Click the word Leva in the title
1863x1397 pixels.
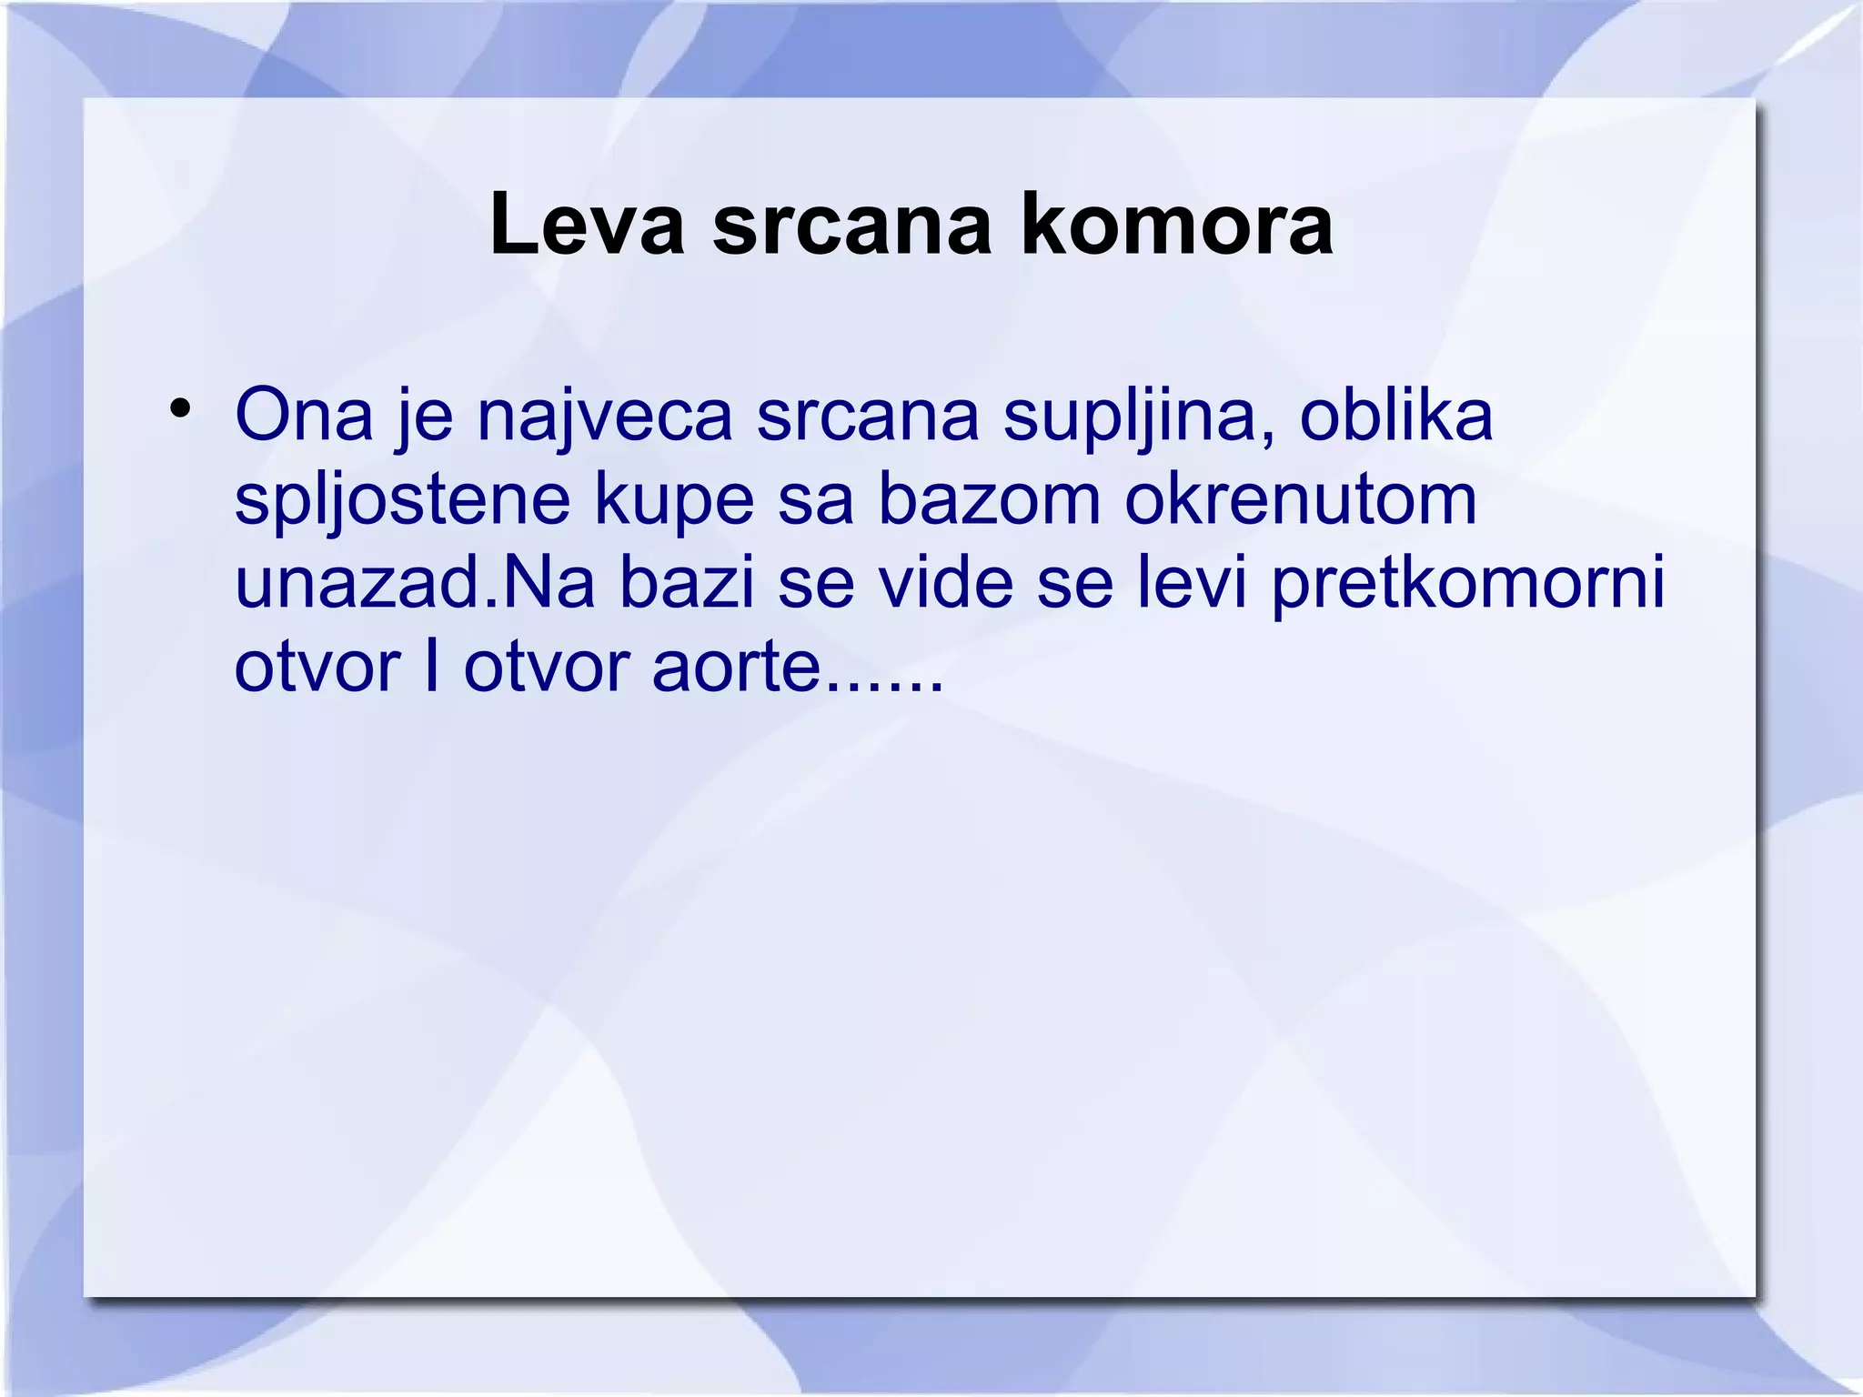click(587, 226)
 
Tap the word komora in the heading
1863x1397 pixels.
click(1176, 226)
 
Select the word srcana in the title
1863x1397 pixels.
click(851, 226)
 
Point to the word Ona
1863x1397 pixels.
click(304, 415)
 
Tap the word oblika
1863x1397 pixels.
click(1396, 415)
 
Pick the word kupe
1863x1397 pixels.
click(674, 500)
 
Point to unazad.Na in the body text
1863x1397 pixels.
click(415, 582)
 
